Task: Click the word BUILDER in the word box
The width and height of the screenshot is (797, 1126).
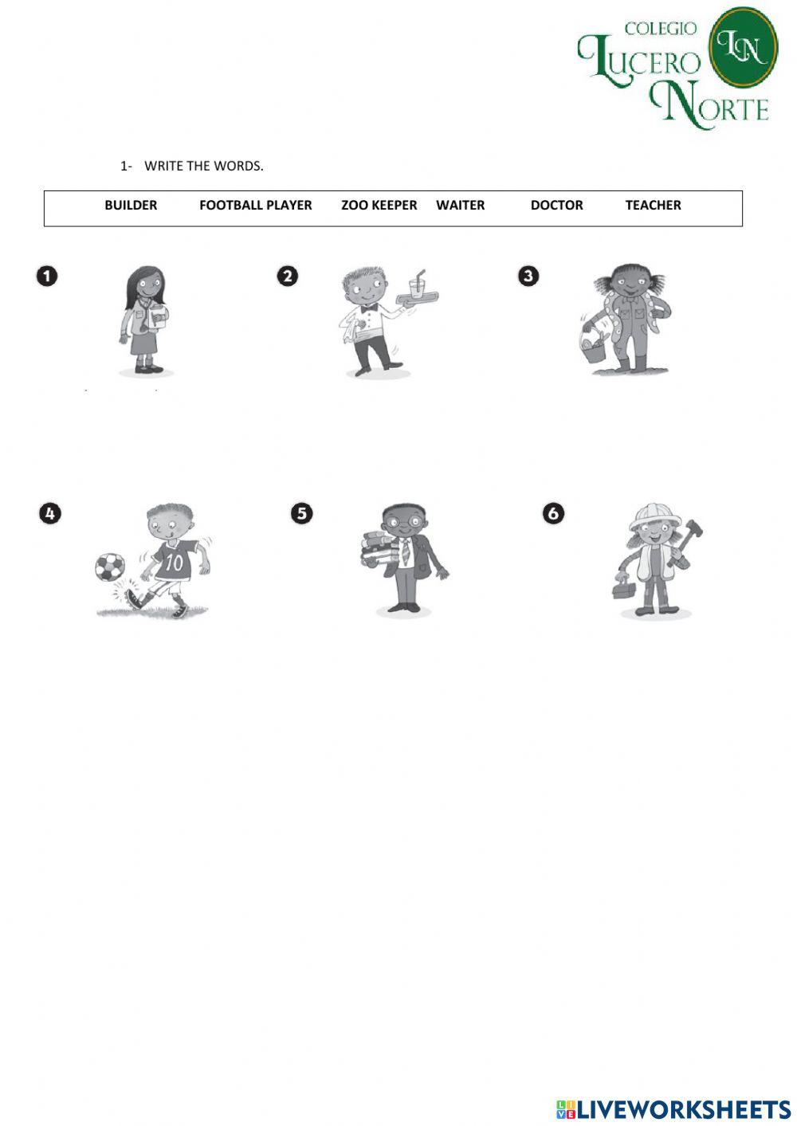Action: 131,205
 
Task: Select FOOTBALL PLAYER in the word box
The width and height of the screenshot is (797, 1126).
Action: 255,205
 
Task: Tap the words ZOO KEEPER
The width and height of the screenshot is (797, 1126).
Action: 379,205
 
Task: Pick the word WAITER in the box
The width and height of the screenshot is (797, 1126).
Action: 460,205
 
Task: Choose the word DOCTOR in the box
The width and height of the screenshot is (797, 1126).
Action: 556,205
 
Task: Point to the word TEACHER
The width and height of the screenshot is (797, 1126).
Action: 653,205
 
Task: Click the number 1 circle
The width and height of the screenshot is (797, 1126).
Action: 47,277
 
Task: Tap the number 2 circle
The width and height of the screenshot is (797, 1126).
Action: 287,277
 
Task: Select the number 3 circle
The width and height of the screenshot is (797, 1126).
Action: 528,277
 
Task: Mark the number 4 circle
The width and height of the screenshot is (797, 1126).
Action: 49,513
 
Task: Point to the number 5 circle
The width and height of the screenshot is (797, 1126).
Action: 301,513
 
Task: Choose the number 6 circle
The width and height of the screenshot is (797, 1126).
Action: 553,513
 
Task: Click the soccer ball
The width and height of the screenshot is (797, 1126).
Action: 110,567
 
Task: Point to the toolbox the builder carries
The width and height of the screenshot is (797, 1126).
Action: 625,589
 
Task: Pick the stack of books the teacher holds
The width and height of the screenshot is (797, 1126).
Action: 380,548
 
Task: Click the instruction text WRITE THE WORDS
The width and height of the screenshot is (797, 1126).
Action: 203,166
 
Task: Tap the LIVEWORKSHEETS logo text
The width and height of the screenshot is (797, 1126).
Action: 683,1109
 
